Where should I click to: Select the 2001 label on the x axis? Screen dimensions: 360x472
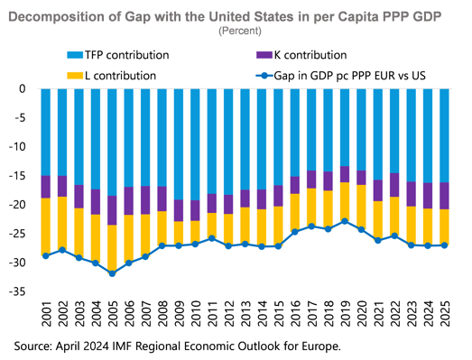tap(45, 314)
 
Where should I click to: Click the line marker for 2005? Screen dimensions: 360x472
tap(111, 272)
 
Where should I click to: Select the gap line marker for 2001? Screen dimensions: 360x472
tap(45, 255)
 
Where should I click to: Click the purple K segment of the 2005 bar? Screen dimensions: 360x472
tap(111, 210)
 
